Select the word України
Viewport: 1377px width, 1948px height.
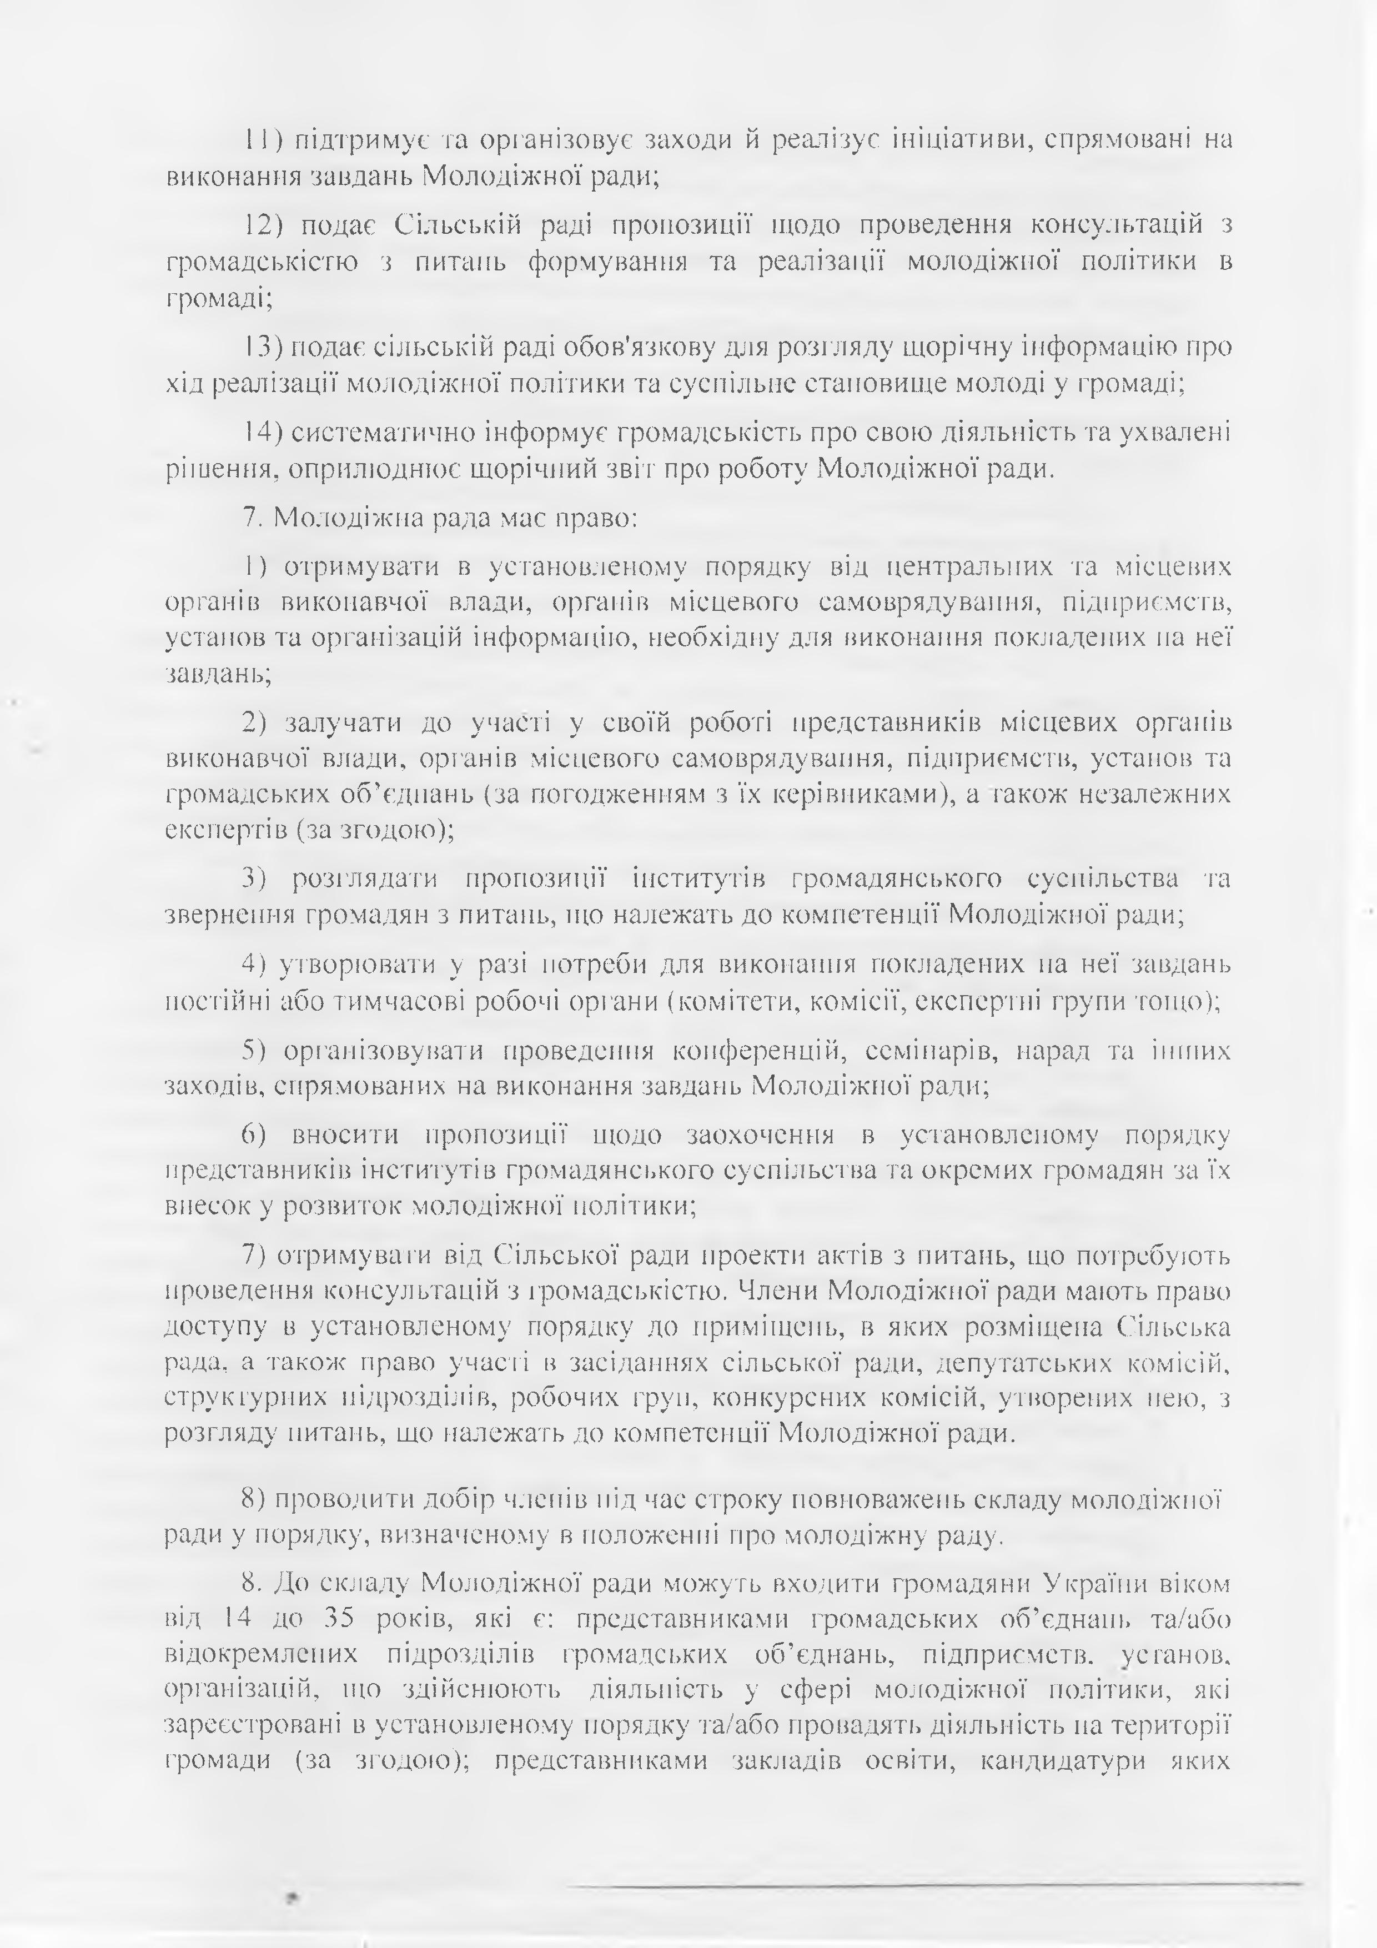(1101, 1584)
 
